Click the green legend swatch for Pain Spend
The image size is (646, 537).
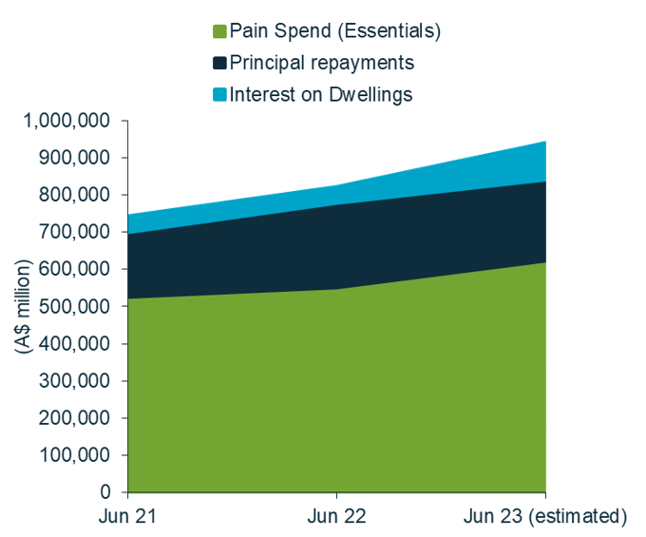tap(220, 31)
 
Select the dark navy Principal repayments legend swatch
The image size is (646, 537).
tap(220, 63)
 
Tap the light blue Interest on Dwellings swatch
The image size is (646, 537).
tap(220, 94)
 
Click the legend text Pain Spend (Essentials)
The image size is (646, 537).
tap(335, 31)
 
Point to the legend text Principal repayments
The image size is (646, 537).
tap(322, 63)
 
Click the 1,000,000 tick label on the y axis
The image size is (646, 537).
tap(69, 121)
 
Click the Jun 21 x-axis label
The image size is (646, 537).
tap(127, 516)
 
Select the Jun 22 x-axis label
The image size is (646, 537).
tap(336, 516)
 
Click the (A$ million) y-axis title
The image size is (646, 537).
tap(23, 307)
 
